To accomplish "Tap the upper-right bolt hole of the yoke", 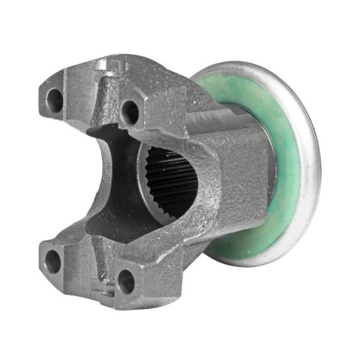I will (x=130, y=112).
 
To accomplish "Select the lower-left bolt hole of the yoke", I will (x=53, y=262).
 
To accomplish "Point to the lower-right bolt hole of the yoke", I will (x=126, y=282).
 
